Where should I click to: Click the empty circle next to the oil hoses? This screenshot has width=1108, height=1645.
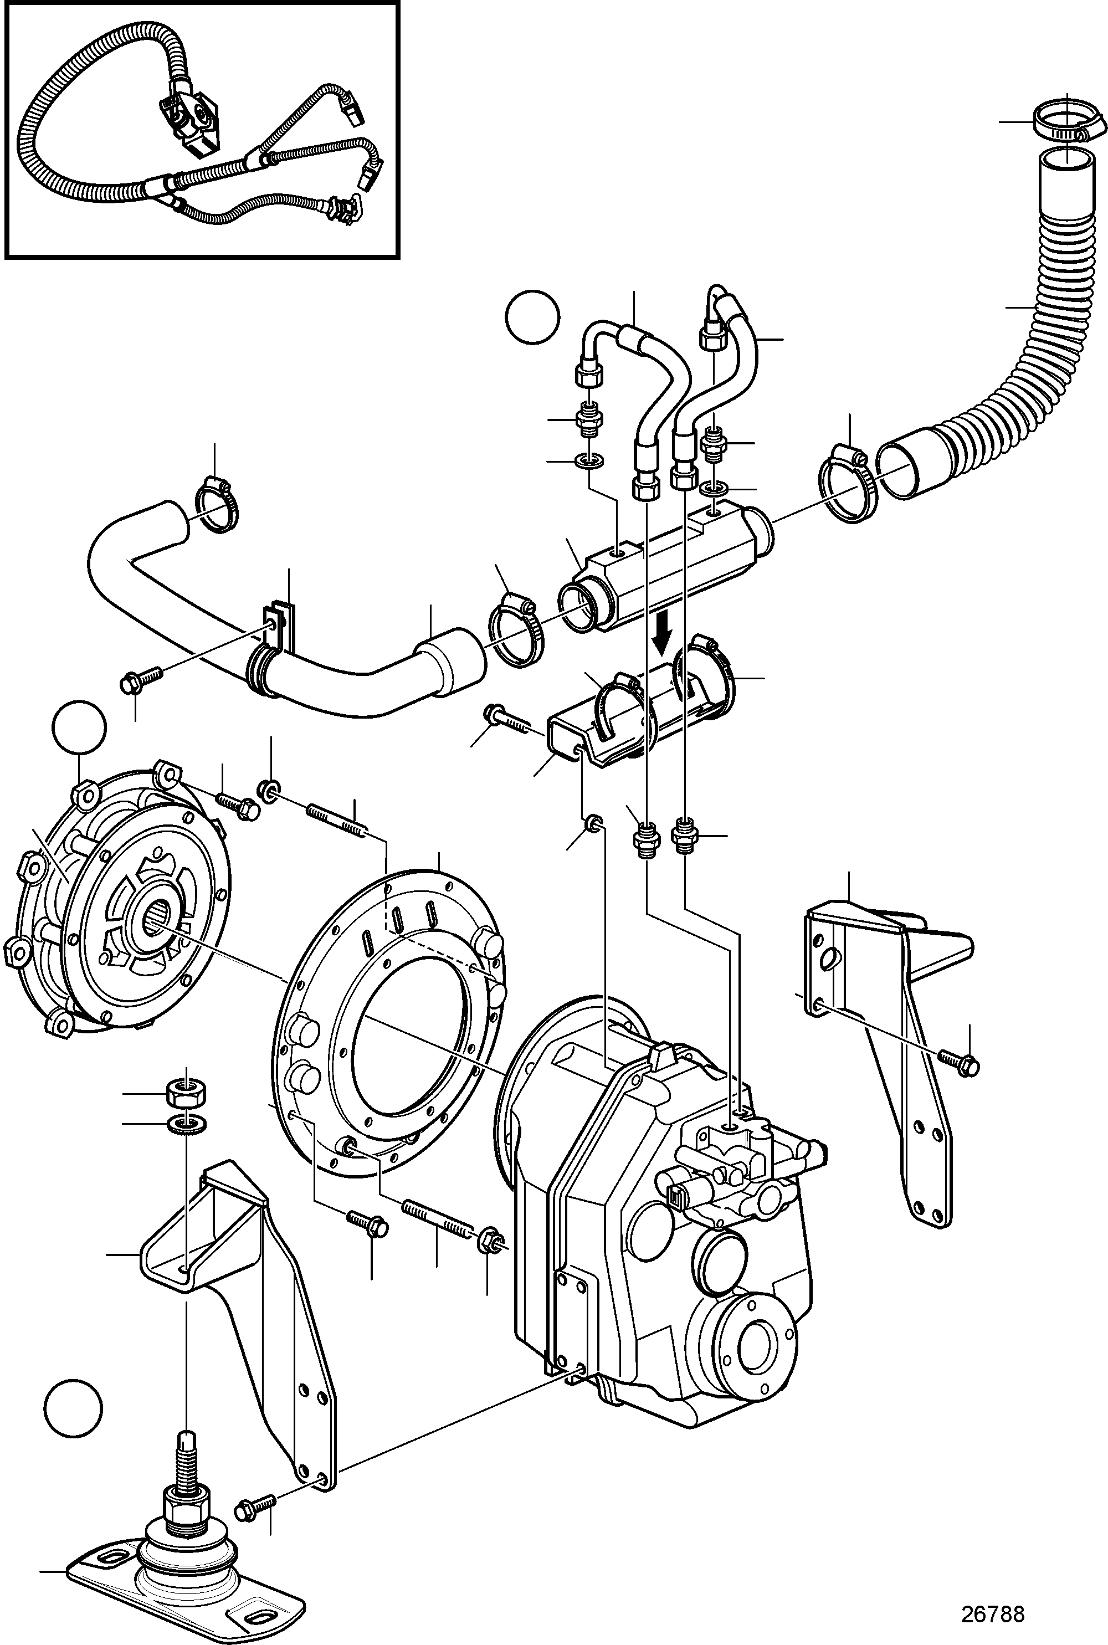533,319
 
